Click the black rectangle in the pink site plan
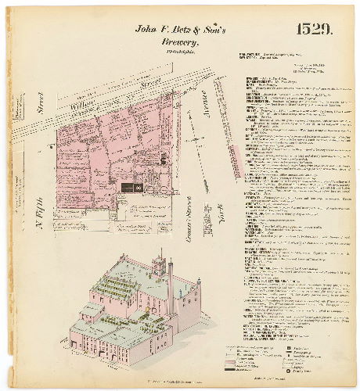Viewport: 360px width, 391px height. coord(128,187)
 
